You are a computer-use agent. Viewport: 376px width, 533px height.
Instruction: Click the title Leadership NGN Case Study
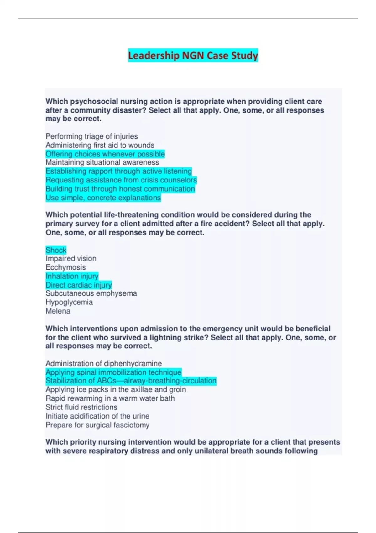193,55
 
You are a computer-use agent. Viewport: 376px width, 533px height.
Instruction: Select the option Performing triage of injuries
91,136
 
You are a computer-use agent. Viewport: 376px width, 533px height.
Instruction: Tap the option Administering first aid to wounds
100,145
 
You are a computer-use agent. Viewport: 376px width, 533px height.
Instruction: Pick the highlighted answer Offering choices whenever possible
105,154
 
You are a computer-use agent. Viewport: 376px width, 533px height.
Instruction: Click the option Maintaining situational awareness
102,162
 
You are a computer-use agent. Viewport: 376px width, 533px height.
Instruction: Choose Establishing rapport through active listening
118,171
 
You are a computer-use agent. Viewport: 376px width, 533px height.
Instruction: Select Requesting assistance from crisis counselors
121,180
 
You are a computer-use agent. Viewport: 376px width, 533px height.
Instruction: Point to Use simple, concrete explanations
103,198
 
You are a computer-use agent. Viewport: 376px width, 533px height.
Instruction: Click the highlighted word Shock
56,250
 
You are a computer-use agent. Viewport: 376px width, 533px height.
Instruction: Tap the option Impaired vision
71,259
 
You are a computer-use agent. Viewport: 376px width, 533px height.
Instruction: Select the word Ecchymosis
65,267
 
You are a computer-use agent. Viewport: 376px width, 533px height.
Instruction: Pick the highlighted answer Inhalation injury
72,276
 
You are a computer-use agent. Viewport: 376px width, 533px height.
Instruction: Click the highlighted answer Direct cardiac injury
78,285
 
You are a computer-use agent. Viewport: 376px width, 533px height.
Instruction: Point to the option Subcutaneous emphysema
91,293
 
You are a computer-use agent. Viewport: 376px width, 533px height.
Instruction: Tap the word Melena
58,311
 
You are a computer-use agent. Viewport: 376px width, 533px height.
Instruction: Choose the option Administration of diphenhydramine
103,363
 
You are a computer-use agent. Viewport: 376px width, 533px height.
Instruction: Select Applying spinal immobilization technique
113,372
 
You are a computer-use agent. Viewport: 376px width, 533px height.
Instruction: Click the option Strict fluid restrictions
81,407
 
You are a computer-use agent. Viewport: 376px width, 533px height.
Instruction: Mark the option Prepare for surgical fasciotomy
97,425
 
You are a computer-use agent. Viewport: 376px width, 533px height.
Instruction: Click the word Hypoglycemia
69,302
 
